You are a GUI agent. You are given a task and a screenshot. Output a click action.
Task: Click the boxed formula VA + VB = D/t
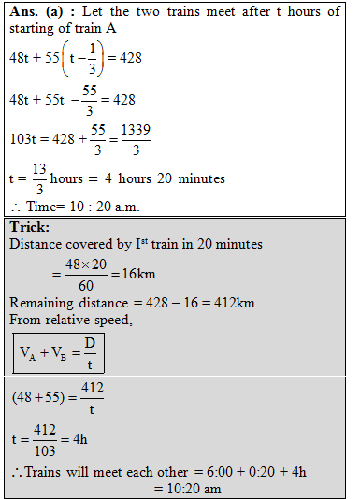click(58, 353)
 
